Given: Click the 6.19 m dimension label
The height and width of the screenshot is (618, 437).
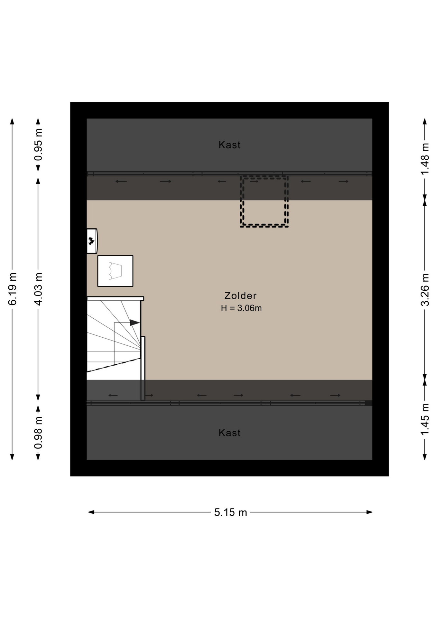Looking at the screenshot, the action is (13, 289).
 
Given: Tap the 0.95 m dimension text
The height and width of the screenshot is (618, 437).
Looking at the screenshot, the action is (38, 145).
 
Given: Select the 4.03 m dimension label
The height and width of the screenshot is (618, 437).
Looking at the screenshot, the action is (38, 289).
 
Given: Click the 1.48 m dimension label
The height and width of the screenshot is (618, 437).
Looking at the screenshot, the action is (425, 159).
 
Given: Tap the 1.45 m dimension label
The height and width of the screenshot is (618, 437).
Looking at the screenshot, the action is (425, 419).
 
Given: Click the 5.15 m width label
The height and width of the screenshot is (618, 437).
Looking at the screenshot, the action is (230, 512).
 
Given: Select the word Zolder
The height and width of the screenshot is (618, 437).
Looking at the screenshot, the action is (240, 295).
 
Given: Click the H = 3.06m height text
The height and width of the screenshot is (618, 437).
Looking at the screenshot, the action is (241, 308).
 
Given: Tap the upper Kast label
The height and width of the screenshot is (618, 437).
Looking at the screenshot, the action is (229, 145).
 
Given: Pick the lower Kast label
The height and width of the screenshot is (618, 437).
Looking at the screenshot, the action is (229, 433).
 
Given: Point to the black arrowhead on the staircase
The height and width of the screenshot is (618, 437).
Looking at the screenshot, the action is (135, 323).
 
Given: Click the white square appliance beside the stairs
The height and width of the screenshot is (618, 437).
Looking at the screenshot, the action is (115, 271).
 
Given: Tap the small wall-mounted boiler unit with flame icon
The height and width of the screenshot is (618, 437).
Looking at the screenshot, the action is (92, 241).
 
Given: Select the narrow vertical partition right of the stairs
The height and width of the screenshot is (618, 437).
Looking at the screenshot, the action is (143, 369).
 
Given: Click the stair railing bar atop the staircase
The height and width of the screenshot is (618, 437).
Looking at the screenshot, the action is (115, 298).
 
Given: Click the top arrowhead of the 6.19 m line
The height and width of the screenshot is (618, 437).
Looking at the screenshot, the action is (12, 121).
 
